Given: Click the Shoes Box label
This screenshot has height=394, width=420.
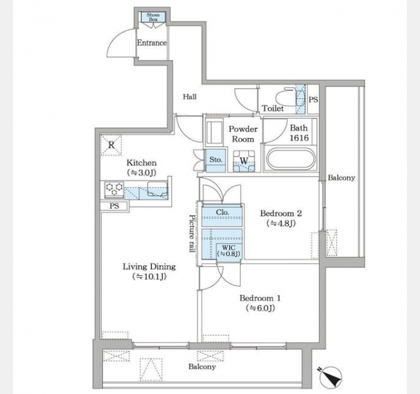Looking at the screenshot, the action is pyautogui.click(x=153, y=17).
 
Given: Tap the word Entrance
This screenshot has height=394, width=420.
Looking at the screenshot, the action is pyautogui.click(x=152, y=43).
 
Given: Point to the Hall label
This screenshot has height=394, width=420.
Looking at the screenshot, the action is pyautogui.click(x=190, y=97).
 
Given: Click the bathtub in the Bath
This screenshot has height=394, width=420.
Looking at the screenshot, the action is pyautogui.click(x=290, y=159).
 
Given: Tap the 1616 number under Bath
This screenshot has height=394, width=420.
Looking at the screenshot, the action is pyautogui.click(x=299, y=138).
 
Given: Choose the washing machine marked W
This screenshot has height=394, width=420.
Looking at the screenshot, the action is pyautogui.click(x=243, y=161).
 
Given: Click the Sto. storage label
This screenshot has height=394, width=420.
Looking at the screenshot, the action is pyautogui.click(x=216, y=160).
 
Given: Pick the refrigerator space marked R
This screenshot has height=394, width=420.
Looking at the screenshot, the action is pyautogui.click(x=112, y=145).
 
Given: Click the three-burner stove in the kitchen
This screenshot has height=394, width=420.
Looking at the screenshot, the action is pyautogui.click(x=114, y=189).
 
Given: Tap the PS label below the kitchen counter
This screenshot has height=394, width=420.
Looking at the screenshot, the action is pyautogui.click(x=114, y=206).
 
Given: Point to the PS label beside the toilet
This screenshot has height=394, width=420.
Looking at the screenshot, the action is pyautogui.click(x=313, y=100).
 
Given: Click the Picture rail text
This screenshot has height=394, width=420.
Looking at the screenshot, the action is pyautogui.click(x=192, y=233).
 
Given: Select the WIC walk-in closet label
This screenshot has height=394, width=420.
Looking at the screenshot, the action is pyautogui.click(x=228, y=251).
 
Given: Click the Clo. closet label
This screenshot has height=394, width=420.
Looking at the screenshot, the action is pyautogui.click(x=222, y=212).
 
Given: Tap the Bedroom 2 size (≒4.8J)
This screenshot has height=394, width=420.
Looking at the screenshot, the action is pyautogui.click(x=281, y=223).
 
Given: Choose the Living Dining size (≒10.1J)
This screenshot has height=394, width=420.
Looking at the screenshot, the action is pyautogui.click(x=149, y=276).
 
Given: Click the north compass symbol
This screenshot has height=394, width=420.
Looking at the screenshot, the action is pyautogui.click(x=330, y=376).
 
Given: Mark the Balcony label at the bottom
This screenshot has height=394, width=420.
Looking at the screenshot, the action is pyautogui.click(x=202, y=366).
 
